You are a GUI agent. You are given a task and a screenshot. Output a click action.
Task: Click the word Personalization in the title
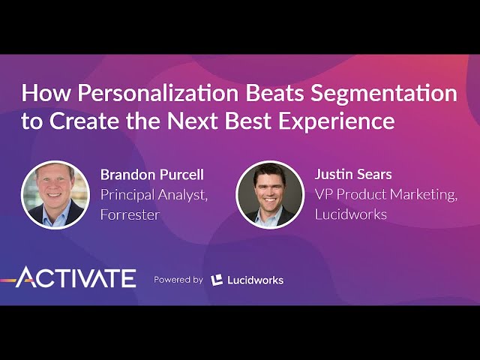click(157, 93)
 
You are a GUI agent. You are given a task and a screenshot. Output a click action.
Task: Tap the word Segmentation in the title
click(384, 94)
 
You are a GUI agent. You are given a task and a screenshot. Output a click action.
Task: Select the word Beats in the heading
click(274, 93)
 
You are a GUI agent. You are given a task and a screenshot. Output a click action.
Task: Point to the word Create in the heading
click(84, 121)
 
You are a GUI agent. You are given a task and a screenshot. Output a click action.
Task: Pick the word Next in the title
click(192, 121)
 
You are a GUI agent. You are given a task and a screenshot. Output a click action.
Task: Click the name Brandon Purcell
click(152, 175)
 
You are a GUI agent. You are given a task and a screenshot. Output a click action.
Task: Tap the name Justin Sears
click(353, 175)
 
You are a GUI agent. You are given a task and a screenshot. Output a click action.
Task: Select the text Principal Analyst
click(154, 195)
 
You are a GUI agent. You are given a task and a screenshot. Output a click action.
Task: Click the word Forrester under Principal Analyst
click(130, 214)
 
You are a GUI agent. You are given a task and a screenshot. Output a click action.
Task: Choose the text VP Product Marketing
click(386, 195)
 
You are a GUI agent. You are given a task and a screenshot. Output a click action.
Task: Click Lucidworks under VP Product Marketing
click(351, 214)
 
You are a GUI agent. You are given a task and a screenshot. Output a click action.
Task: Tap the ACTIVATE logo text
click(76, 277)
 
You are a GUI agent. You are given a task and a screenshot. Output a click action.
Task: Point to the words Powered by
click(178, 280)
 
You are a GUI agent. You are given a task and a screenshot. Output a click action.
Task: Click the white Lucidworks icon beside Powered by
click(217, 280)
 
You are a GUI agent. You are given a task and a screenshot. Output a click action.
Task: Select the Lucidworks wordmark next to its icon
click(255, 280)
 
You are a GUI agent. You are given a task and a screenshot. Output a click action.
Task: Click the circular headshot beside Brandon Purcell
click(55, 195)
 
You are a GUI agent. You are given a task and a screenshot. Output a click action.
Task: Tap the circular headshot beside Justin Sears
click(270, 195)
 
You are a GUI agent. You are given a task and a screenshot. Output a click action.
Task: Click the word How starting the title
click(46, 93)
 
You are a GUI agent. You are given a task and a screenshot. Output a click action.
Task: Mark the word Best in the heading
click(248, 121)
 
